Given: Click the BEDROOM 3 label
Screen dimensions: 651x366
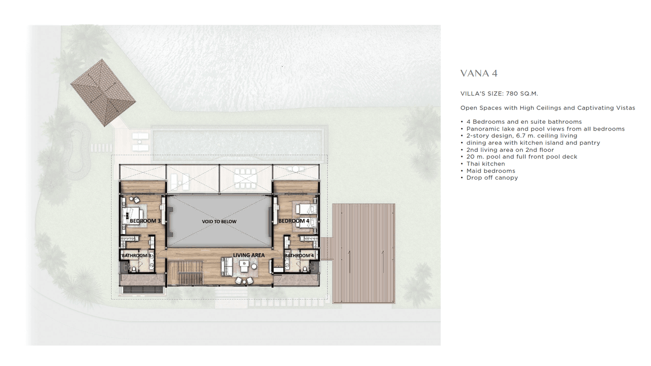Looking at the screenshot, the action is [x=145, y=221].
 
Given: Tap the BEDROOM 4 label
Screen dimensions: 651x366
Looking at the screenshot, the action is [x=294, y=221].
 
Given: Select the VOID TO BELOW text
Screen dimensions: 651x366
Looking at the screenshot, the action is [x=219, y=221].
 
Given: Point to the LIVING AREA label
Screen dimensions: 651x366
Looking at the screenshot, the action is [x=249, y=255].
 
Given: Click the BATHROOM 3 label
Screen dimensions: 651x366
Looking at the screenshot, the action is [x=136, y=255].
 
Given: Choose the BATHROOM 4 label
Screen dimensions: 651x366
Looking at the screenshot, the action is [x=299, y=255].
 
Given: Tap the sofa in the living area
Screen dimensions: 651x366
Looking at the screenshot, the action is [x=226, y=266].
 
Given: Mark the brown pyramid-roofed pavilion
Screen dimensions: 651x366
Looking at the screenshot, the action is [x=103, y=93].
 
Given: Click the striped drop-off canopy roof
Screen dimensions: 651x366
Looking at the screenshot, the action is [x=363, y=253].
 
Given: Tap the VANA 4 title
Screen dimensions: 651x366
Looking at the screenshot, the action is [x=479, y=73].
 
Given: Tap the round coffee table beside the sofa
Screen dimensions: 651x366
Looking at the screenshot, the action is [x=254, y=266].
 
